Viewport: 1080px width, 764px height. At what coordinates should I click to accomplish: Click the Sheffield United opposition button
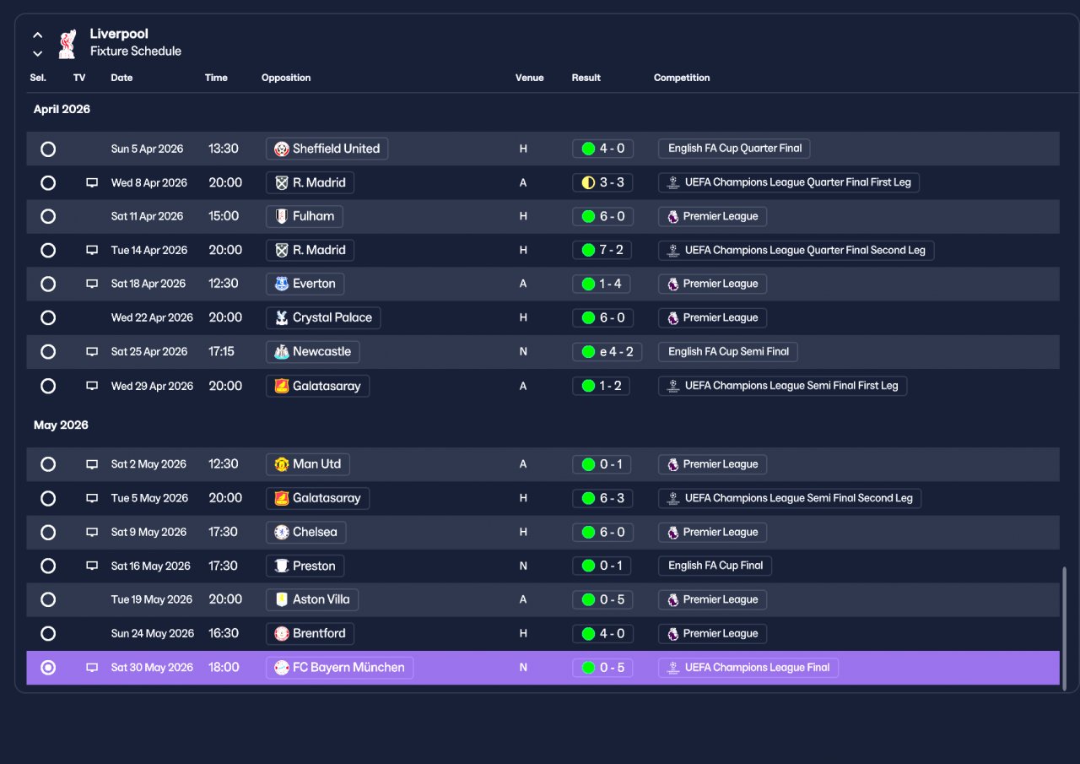(x=327, y=149)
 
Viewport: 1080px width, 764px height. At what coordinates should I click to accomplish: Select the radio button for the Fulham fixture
(x=48, y=217)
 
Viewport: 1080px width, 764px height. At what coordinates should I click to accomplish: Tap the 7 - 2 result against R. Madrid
(x=602, y=250)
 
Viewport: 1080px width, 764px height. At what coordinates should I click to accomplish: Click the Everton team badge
(x=282, y=284)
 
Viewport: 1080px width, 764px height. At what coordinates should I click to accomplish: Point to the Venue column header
(x=529, y=78)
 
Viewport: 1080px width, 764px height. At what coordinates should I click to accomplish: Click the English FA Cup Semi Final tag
(x=728, y=352)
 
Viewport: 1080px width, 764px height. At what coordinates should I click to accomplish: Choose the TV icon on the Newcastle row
(x=92, y=352)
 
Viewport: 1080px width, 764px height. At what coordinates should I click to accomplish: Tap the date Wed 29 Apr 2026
(x=152, y=386)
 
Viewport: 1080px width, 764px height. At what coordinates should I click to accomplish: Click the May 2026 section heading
(x=61, y=425)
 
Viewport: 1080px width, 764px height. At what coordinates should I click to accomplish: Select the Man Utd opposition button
(x=308, y=464)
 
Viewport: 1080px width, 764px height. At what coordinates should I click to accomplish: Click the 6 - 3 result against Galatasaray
(x=602, y=498)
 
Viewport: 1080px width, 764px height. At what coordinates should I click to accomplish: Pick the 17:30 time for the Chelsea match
(x=223, y=532)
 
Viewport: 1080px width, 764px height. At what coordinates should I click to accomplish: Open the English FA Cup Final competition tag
(x=715, y=566)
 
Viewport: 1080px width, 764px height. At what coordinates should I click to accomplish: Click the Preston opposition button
(x=305, y=566)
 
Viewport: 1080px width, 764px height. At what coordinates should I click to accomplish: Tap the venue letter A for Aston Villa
(x=522, y=599)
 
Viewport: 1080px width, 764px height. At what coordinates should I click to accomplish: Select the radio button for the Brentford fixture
(x=48, y=634)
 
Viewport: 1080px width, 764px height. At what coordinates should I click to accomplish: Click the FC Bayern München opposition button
(x=339, y=668)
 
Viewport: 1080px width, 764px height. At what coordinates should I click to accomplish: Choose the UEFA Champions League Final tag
(x=748, y=668)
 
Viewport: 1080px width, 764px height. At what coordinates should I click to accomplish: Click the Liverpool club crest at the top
(x=67, y=44)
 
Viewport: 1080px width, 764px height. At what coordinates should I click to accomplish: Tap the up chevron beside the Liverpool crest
(x=38, y=35)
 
